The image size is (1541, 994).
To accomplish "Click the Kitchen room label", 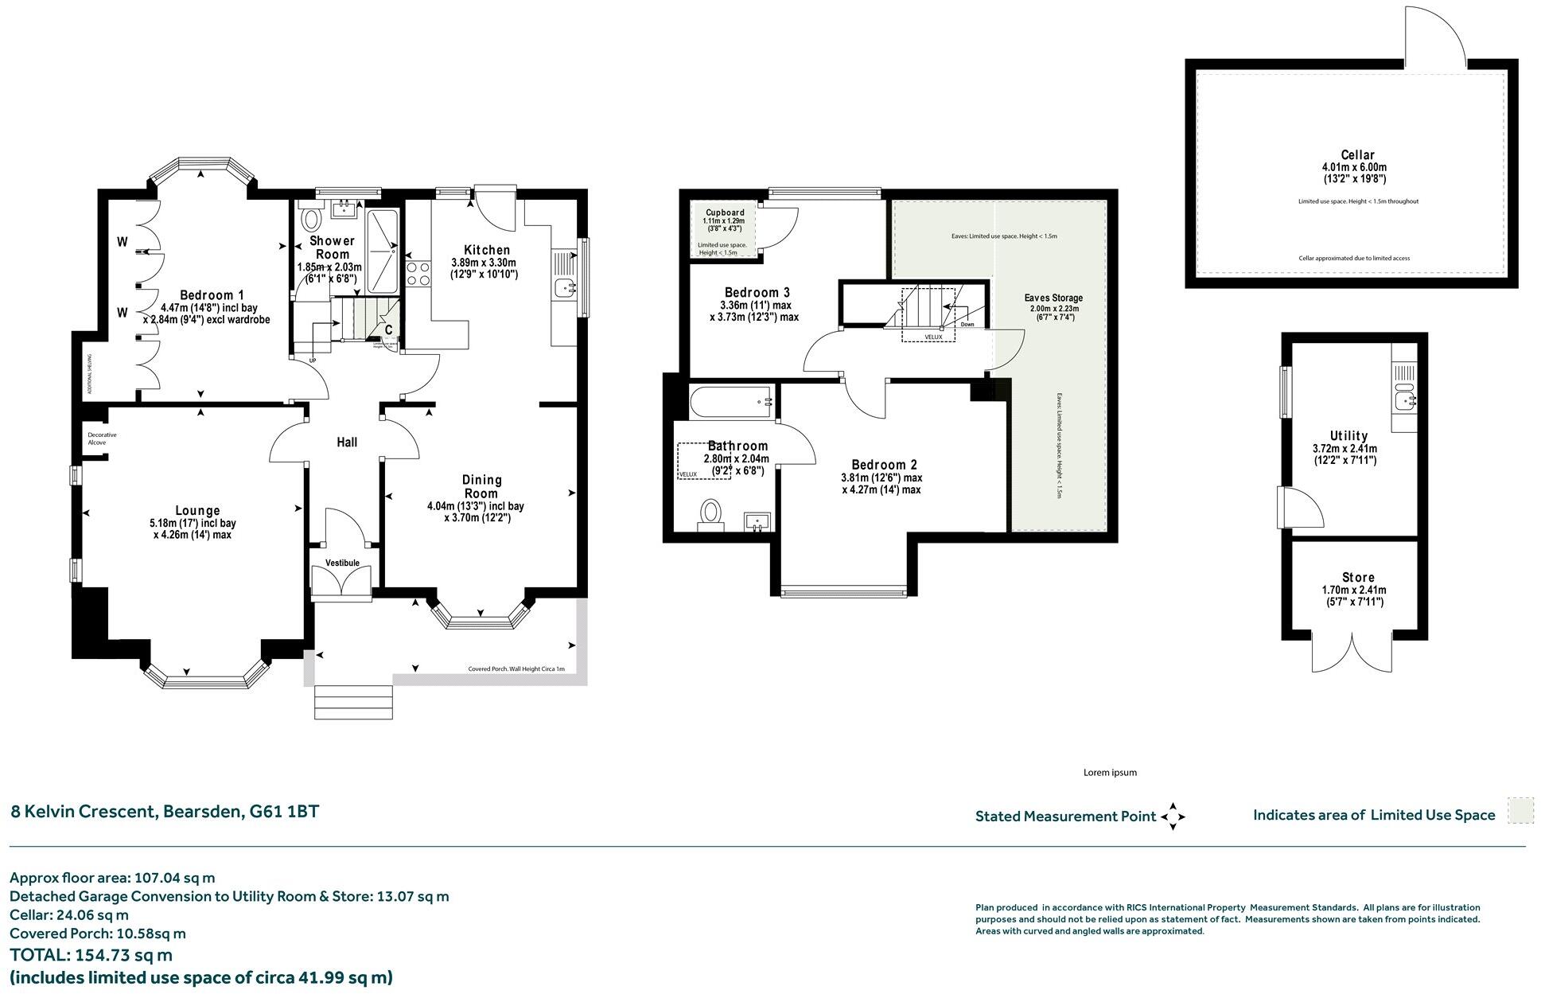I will pos(486,250).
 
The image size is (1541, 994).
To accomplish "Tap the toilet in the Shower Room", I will pos(310,218).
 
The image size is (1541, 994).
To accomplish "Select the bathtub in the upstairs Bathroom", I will pos(730,401).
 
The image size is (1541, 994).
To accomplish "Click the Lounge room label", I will pos(197,511).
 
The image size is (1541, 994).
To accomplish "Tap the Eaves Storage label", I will pos(1053,298).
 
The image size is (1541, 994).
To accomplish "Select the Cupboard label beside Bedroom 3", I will pos(725,212).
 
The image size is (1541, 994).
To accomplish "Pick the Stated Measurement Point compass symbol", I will pos(1173,817).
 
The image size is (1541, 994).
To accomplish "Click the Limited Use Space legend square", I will pos(1520,812).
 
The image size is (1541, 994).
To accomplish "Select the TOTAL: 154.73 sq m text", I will pos(91,955).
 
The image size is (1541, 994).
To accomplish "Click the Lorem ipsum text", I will pos(1110,773).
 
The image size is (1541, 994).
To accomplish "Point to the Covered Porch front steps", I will pos(354,702).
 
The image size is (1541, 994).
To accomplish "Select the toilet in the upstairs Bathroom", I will pos(710,513).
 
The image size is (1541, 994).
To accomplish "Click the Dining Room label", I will pos(481,485).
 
